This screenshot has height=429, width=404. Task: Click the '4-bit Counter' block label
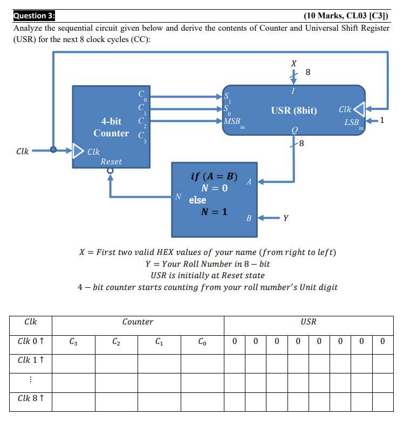[111, 127]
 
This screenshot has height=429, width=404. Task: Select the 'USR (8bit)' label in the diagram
[294, 110]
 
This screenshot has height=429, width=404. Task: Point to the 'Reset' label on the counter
[111, 161]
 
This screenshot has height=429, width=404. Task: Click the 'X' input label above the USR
[293, 64]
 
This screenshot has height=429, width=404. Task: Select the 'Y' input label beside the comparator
[286, 218]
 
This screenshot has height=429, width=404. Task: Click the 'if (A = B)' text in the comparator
[214, 176]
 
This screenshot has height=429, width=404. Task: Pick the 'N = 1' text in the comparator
[214, 211]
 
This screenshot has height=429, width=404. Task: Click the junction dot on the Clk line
[53, 150]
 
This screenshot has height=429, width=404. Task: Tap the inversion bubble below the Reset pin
[111, 171]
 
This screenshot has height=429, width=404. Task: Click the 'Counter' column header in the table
[138, 322]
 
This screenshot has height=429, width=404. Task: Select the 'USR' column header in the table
[308, 322]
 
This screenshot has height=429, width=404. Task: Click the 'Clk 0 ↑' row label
[31, 341]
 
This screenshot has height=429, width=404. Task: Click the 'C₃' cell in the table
[73, 341]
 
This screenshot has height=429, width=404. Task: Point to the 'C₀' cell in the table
[202, 341]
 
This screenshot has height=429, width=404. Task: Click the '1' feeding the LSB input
[382, 120]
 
